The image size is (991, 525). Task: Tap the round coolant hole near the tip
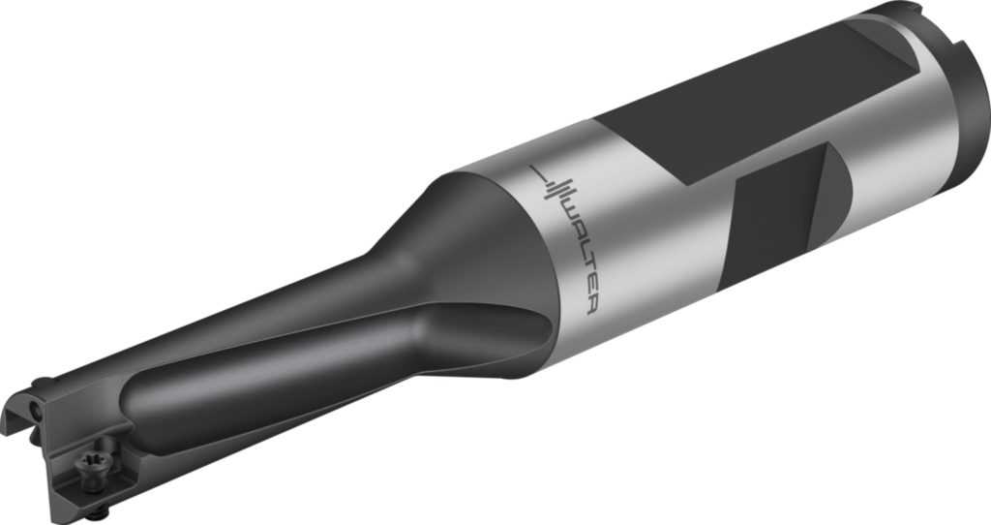pos(36,412)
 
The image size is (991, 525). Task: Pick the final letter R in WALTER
pos(592,306)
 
